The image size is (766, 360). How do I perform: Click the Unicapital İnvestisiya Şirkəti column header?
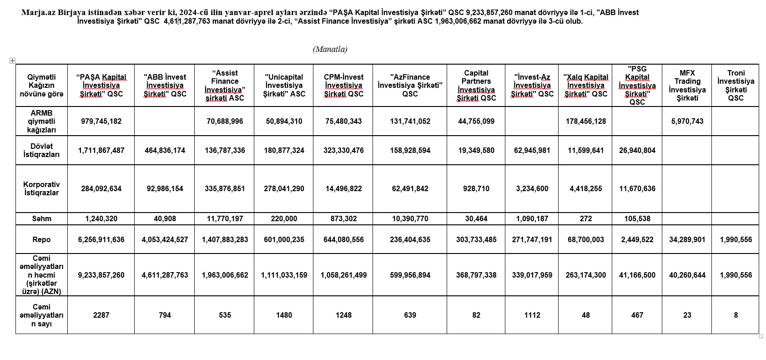(x=284, y=86)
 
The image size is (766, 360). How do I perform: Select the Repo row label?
(x=41, y=239)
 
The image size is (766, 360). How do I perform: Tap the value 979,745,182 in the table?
(x=101, y=121)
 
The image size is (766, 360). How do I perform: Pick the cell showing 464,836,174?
(x=165, y=150)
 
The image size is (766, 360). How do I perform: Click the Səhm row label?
(x=41, y=219)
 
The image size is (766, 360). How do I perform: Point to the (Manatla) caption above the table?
(x=330, y=49)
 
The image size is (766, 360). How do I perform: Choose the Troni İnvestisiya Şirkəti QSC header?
(x=736, y=86)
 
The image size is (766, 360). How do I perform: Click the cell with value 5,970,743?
(x=687, y=121)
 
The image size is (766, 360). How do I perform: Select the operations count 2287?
(x=101, y=315)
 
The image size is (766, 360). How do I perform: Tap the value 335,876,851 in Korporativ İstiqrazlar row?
(x=225, y=188)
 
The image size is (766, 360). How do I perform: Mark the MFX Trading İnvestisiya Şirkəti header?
(x=687, y=86)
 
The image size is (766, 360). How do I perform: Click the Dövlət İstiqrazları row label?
(x=41, y=150)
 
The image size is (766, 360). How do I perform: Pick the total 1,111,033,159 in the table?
(x=284, y=275)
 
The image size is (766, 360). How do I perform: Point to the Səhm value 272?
(x=586, y=219)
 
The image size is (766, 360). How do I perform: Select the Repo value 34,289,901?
(x=687, y=239)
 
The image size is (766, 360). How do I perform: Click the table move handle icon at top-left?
(x=12, y=61)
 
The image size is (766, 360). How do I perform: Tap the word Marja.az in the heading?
(x=36, y=12)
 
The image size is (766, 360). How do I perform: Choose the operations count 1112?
(x=532, y=315)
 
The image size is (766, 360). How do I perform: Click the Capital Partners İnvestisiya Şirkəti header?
(x=476, y=86)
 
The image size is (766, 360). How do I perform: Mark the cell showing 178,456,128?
(x=586, y=121)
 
